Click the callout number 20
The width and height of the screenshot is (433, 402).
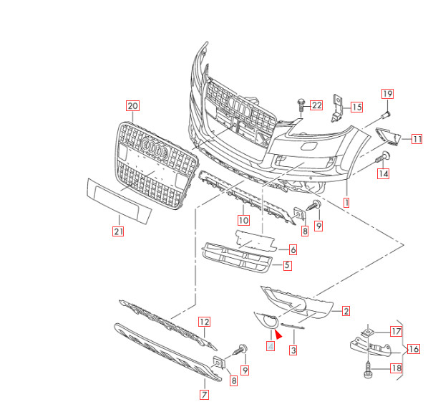[x=132, y=105]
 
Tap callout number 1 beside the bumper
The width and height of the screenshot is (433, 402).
[x=347, y=203]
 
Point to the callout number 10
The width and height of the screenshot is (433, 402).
[x=243, y=220]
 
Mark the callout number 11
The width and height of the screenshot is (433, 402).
[x=417, y=139]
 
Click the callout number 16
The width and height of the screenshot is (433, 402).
[x=414, y=350]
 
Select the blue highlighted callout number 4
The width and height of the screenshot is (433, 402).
[x=270, y=346]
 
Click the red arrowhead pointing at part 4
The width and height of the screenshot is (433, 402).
[x=278, y=332]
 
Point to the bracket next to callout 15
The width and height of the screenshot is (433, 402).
[x=338, y=107]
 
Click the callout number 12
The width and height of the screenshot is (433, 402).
[x=204, y=322]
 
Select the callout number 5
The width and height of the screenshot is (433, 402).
[x=287, y=266]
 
